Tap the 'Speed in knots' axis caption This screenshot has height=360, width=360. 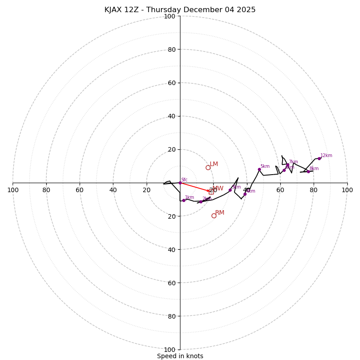coord(180,356)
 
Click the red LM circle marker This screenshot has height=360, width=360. coord(208,167)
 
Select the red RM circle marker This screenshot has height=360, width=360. coord(214,216)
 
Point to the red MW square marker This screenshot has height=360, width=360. coord(211,192)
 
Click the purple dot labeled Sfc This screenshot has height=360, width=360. coord(180,183)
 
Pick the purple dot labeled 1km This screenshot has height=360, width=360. coord(184,200)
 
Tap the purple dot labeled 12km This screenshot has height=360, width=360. coord(319,158)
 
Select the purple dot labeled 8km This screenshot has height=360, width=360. coord(308,171)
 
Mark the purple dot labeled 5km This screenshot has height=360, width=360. coord(259,169)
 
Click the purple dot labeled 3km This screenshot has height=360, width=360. coord(230,190)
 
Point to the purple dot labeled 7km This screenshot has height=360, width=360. coord(288,165)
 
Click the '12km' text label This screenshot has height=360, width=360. coord(326,156)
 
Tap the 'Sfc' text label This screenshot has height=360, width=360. coord(184,180)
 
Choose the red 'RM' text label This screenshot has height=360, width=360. coord(220,213)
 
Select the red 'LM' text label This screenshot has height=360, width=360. coord(214,164)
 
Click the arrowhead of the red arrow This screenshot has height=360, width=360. coord(208,191)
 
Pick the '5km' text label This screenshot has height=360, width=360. coord(265,166)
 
